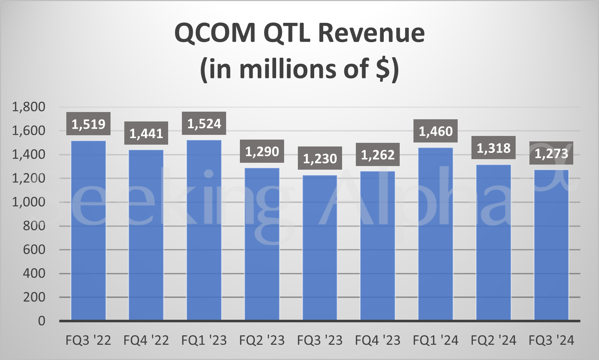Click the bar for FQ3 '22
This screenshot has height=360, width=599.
click(88, 230)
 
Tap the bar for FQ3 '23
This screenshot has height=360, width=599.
click(320, 248)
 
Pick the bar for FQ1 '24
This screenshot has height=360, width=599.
click(436, 234)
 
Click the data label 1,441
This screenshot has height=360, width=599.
click(146, 134)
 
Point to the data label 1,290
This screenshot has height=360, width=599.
click(262, 152)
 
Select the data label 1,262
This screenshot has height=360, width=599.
click(378, 155)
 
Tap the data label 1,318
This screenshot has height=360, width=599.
click(493, 148)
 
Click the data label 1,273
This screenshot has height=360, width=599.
click(551, 154)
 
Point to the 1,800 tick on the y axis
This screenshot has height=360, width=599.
click(29, 107)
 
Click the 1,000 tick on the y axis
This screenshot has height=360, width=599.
click(29, 202)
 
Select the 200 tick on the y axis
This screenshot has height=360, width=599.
click(34, 297)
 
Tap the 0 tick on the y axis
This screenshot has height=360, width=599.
click(42, 321)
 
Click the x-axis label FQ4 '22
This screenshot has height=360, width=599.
click(146, 340)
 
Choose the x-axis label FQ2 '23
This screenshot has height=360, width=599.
click(262, 340)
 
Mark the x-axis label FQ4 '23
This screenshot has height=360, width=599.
click(378, 340)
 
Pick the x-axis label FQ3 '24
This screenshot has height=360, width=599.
click(551, 340)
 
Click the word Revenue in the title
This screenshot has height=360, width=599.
click(371, 33)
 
